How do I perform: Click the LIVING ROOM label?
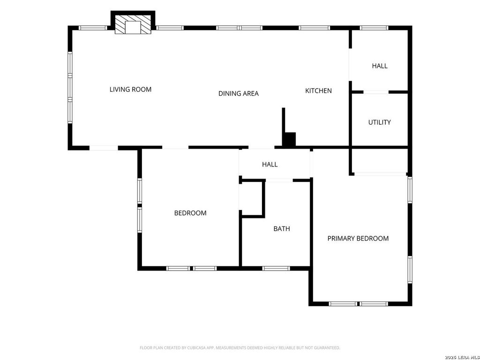coord(130,90)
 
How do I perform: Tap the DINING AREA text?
coord(239,93)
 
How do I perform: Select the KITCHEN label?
coord(318,90)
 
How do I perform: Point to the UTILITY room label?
coord(379,122)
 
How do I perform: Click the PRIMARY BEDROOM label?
coord(358,239)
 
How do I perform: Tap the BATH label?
coord(282,229)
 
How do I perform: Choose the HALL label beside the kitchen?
coord(380,66)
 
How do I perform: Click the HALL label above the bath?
coord(270,165)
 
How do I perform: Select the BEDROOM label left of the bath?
coord(190,213)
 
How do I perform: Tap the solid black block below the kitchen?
coord(289,140)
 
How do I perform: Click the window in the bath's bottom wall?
coord(276,269)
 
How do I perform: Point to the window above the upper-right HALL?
coord(374,28)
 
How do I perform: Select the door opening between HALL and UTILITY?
coord(376,92)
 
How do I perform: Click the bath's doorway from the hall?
coord(279,180)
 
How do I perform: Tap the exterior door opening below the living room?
coord(104,148)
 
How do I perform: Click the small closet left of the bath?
coord(252,199)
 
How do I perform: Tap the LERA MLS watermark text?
coord(468,357)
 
